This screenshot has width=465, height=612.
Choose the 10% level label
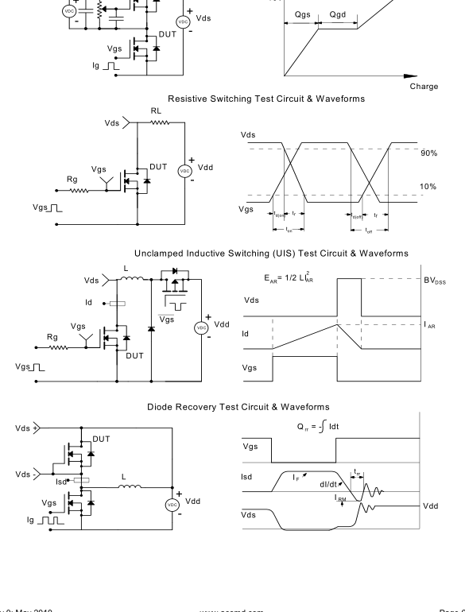[x=429, y=188]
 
